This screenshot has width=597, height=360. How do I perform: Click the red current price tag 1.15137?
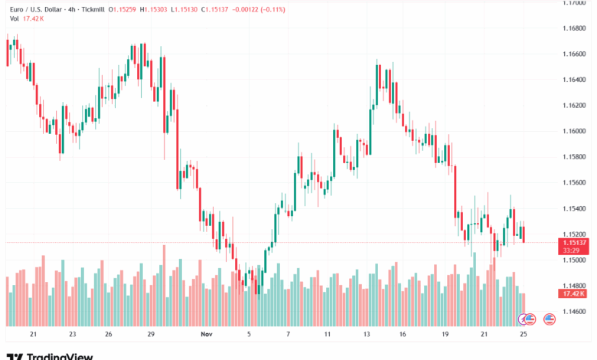[x=572, y=242]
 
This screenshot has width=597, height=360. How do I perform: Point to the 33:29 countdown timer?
[x=572, y=250]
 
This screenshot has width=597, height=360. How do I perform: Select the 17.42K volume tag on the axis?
[x=572, y=293]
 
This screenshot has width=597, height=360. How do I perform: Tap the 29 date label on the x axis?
[x=152, y=335]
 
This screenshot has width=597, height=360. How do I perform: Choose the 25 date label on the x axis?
[x=523, y=335]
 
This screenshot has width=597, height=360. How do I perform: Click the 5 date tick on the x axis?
[x=249, y=335]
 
